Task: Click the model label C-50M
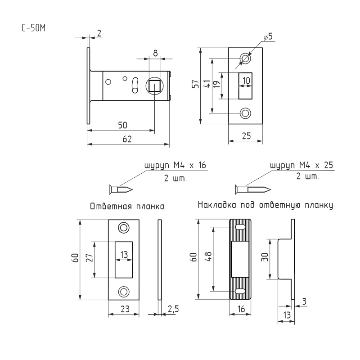(x=33, y=28)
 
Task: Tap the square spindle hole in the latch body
(x=154, y=86)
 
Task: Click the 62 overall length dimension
(x=127, y=139)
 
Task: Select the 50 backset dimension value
(x=122, y=125)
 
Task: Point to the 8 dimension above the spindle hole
(x=155, y=53)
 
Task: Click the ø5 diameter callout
(x=268, y=36)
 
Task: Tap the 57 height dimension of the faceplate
(x=196, y=84)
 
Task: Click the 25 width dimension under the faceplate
(x=246, y=136)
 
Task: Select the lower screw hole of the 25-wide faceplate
(x=245, y=113)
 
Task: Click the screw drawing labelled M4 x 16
(x=121, y=189)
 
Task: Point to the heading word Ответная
(x=111, y=206)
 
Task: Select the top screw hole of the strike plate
(x=123, y=228)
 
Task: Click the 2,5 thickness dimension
(x=173, y=309)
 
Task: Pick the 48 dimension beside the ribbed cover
(x=209, y=256)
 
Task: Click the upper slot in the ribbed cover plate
(x=240, y=227)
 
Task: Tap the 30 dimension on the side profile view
(x=265, y=256)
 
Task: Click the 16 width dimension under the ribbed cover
(x=241, y=309)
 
